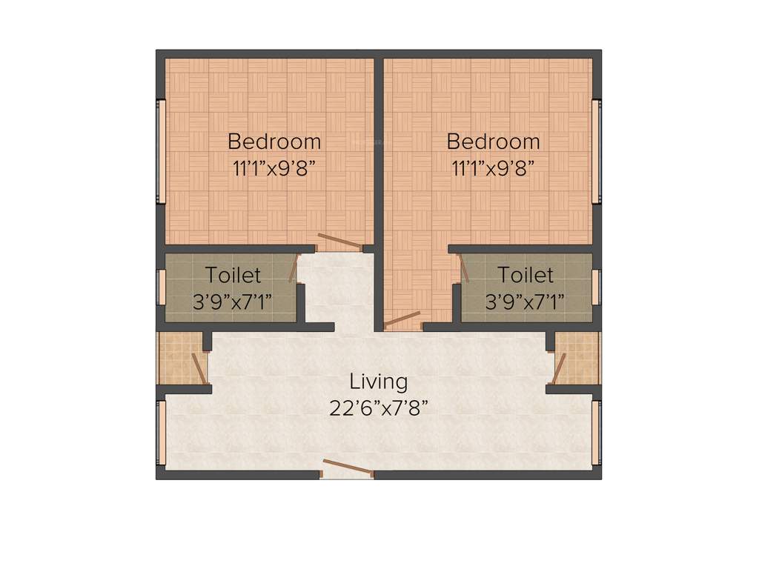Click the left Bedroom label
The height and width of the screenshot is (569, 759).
[x=274, y=141]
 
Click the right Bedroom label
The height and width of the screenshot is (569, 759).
[x=493, y=141]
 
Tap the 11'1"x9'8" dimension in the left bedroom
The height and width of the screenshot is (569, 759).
[x=274, y=167]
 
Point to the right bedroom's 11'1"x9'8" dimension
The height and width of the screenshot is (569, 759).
[x=493, y=167]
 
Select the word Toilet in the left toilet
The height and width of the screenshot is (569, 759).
[x=233, y=275]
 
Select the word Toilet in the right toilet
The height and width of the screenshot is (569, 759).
[x=526, y=275]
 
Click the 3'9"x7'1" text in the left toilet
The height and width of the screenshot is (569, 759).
[x=233, y=302]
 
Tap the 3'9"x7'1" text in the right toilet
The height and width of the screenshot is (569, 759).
[x=526, y=302]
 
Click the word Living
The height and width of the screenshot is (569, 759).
[x=379, y=382]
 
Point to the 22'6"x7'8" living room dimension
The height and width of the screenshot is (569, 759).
[x=379, y=408]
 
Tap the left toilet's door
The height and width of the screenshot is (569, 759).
[x=294, y=268]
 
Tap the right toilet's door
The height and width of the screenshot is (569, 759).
[x=465, y=268]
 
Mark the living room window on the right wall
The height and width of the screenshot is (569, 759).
[x=597, y=433]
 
